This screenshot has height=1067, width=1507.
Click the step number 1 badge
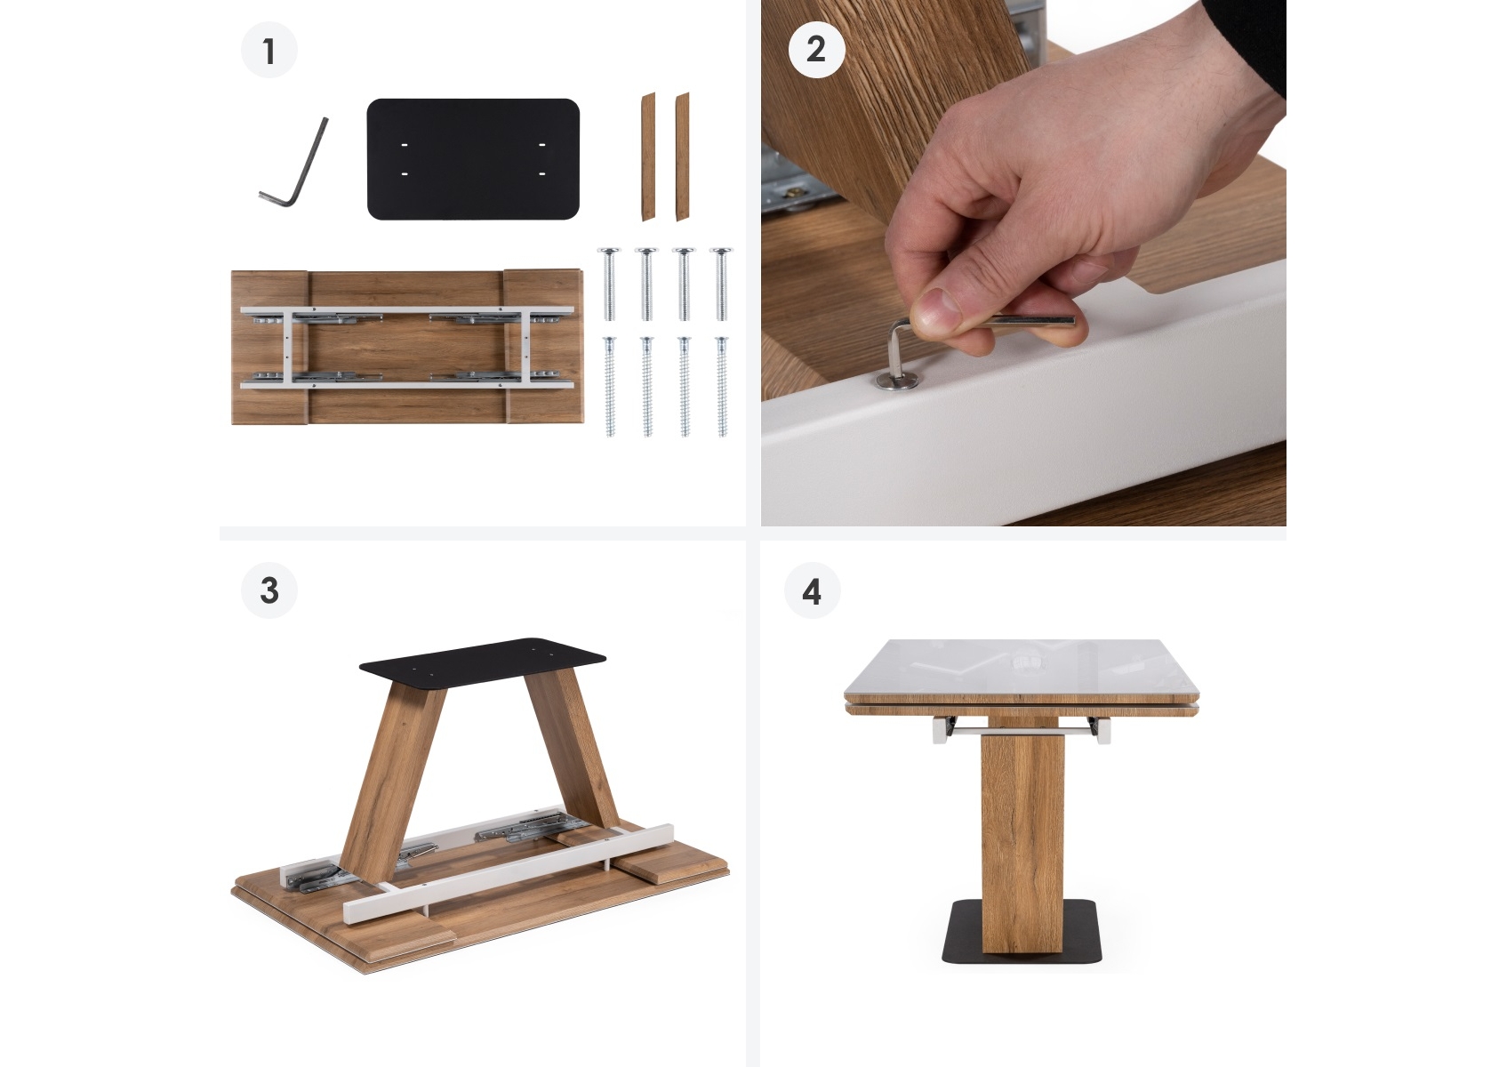269,51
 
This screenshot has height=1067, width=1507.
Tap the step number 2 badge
816,49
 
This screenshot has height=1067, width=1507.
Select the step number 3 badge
269,590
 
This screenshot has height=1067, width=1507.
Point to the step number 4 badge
812,590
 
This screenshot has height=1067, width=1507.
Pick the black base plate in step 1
473,159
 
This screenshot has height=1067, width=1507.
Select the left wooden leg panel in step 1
648,156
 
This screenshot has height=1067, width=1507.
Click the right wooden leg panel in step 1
682,156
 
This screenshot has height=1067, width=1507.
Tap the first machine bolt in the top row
609,284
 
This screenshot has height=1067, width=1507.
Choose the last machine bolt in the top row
721,284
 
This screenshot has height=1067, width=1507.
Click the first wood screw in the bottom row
610,386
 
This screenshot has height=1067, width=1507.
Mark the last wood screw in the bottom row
722,386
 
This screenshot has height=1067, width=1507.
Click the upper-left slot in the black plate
405,145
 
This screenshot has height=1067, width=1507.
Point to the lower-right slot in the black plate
541,173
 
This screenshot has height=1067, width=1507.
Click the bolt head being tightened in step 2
898,381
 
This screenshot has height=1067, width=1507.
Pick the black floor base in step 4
1022,931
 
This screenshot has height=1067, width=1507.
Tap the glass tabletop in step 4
1022,668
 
